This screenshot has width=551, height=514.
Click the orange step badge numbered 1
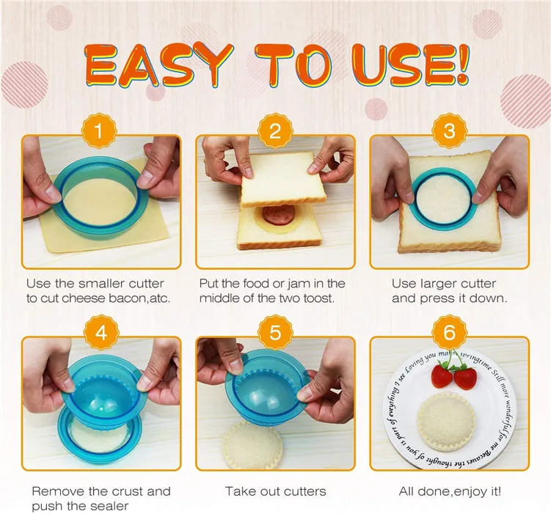coord(101,132)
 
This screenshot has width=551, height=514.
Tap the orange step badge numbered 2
coord(275,132)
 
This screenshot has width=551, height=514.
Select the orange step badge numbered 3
coord(449,132)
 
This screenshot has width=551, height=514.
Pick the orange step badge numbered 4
coord(101,332)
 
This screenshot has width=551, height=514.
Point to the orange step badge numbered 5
coord(275,332)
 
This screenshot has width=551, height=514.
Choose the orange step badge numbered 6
coord(449,332)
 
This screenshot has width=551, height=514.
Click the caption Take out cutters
coord(275,491)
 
